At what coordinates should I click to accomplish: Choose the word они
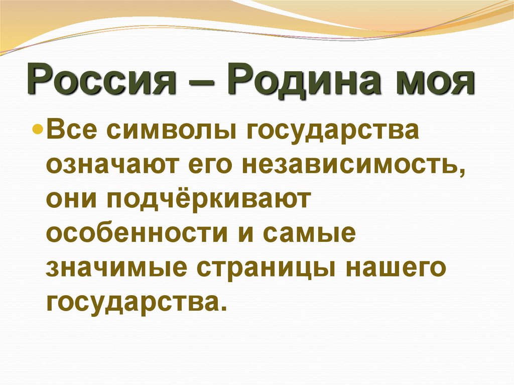click(70, 200)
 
